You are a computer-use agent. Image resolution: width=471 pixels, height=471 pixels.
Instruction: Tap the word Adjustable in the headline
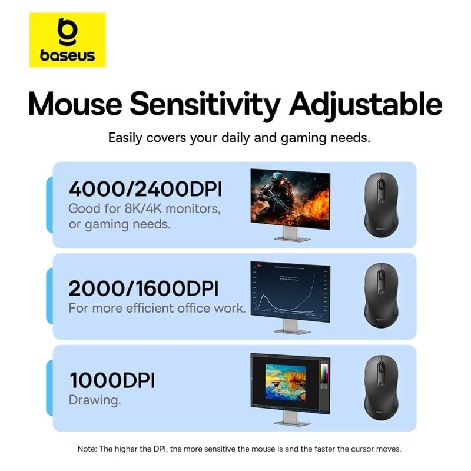coord(363,104)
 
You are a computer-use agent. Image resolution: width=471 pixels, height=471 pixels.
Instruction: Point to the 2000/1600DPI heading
coord(144,288)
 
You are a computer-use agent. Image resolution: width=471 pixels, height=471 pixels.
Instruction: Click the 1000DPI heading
coord(111,380)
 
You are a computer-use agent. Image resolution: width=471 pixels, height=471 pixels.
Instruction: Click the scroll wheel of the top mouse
coord(381,184)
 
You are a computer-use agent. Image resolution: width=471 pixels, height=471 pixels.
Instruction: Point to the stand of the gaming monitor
coord(290,233)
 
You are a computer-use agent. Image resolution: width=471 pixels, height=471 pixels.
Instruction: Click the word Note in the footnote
coord(88,449)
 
